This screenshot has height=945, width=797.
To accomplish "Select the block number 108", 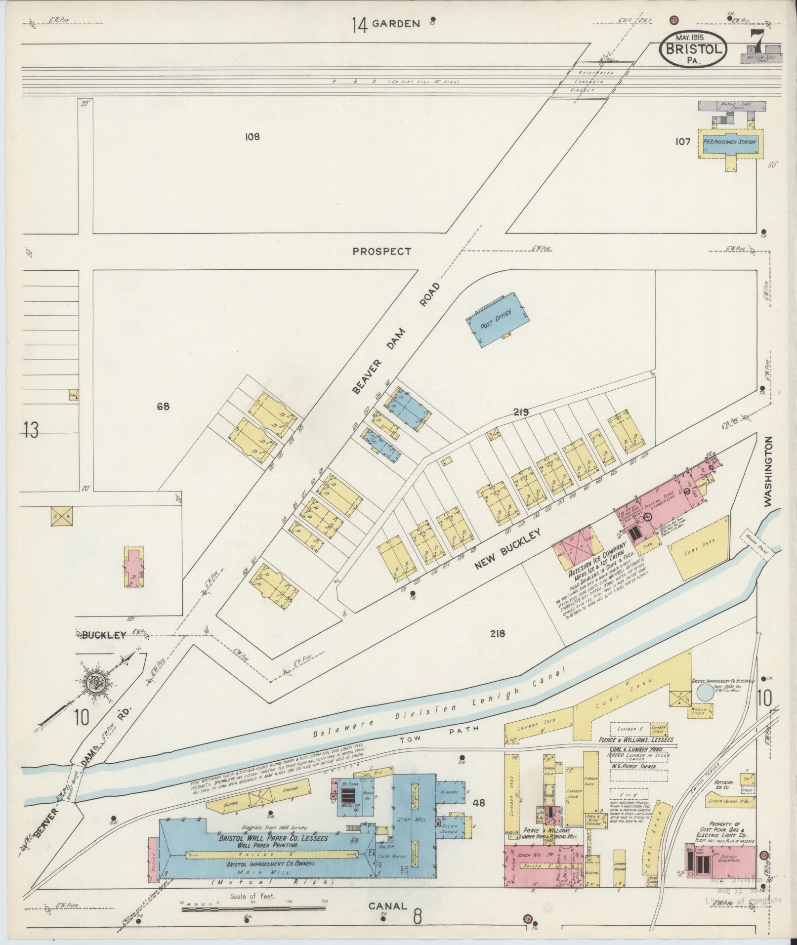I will (252, 137).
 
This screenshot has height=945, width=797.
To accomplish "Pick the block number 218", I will (498, 634).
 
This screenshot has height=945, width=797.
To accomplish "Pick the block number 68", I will (163, 407).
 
